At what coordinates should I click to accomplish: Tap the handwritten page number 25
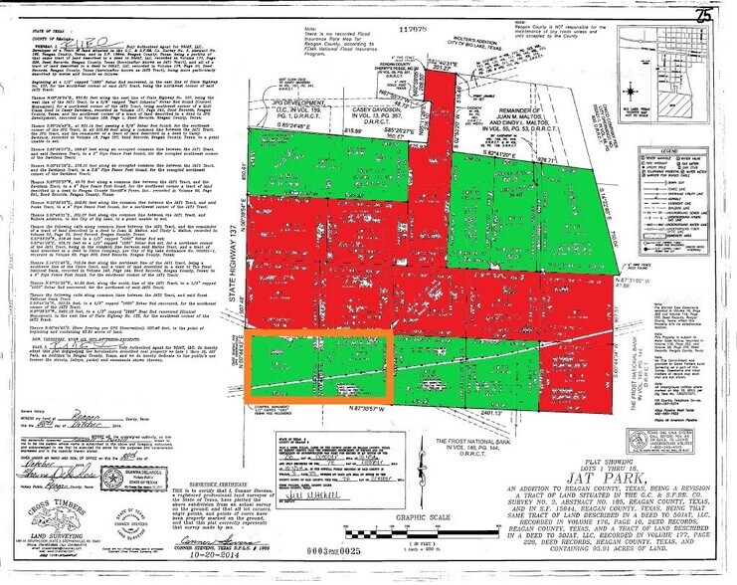702,14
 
